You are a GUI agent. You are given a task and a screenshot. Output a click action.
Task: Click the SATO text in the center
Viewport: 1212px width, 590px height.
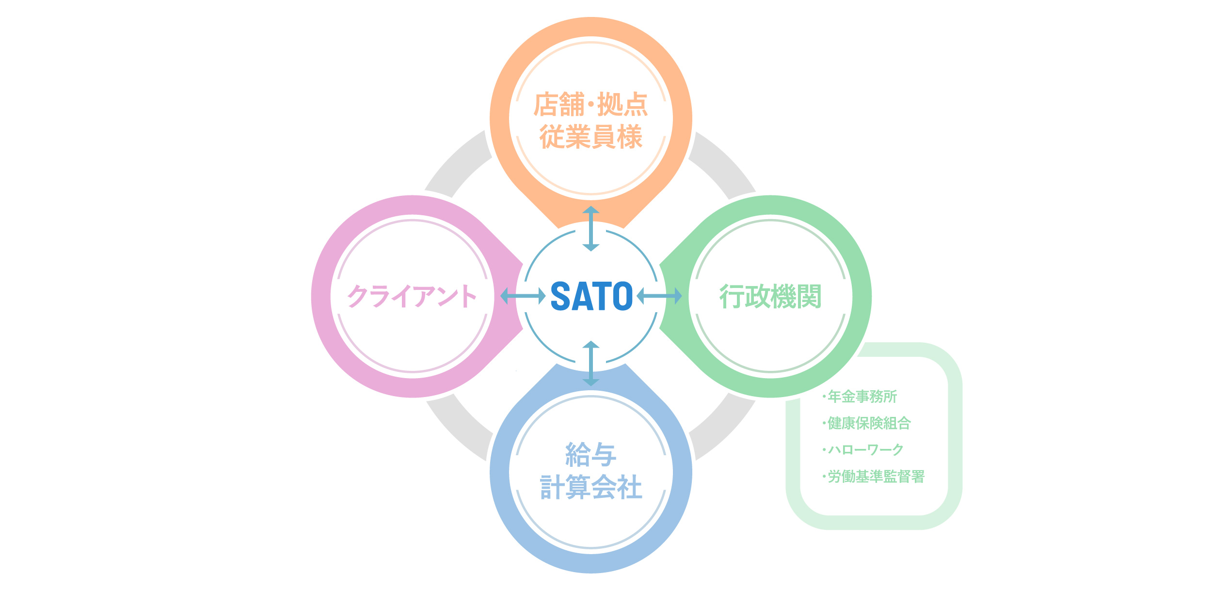tap(591, 296)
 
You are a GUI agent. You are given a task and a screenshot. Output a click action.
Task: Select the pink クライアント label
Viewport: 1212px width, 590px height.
tap(412, 296)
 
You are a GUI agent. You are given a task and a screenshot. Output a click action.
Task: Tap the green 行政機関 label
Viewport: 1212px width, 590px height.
tap(770, 296)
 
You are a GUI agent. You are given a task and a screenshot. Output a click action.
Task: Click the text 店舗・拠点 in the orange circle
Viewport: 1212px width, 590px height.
tap(591, 104)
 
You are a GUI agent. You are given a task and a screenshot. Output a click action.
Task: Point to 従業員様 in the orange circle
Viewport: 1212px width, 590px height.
tap(591, 137)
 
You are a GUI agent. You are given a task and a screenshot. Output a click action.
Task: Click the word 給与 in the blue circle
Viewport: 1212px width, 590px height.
tap(591, 454)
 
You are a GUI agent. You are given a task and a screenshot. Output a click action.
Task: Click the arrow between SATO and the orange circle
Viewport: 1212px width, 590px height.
tap(591, 229)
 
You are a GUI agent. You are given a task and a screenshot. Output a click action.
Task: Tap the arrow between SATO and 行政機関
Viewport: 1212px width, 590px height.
tap(659, 296)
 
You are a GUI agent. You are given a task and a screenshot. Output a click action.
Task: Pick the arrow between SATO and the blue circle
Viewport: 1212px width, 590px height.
tap(591, 364)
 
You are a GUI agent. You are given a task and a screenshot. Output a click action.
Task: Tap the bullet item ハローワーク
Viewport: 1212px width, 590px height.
tap(863, 450)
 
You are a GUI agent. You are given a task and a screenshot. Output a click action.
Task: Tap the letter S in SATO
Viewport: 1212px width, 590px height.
tap(560, 296)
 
